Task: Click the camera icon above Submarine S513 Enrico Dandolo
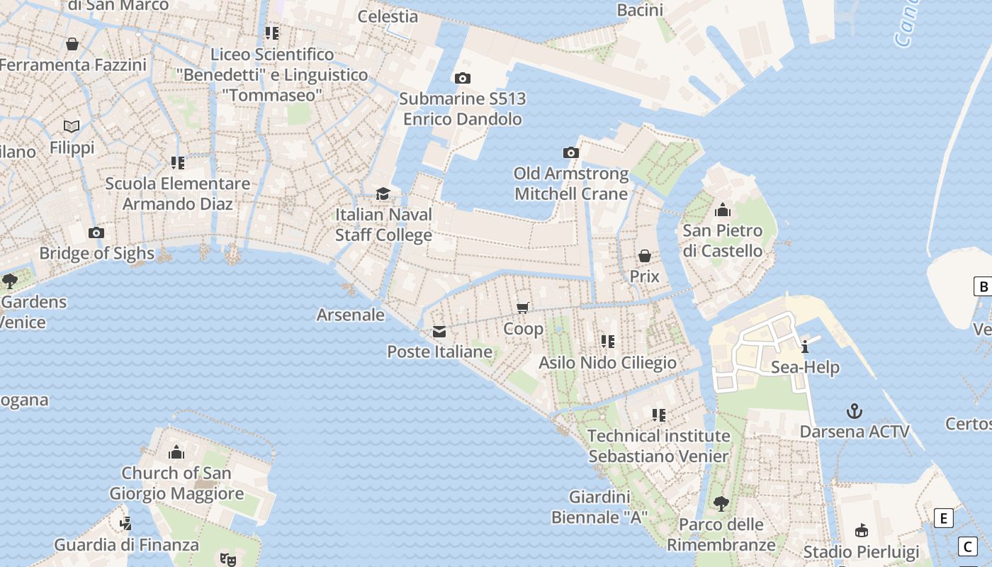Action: click(x=463, y=78)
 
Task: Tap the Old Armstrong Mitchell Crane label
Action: click(x=570, y=184)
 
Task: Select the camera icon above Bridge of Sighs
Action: click(x=96, y=232)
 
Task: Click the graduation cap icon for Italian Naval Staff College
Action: click(x=383, y=193)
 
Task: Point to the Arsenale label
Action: click(x=351, y=315)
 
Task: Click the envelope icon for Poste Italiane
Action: click(x=439, y=331)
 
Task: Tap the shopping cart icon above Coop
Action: click(x=523, y=308)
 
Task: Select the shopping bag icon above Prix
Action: click(x=645, y=255)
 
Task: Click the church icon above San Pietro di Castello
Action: click(x=723, y=210)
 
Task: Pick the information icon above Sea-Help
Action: click(x=805, y=347)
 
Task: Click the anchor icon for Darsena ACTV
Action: click(x=855, y=411)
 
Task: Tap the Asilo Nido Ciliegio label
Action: click(x=607, y=363)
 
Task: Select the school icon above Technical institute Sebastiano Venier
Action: click(x=659, y=415)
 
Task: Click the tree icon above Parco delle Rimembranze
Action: click(x=721, y=504)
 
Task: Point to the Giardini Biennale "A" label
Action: click(x=599, y=507)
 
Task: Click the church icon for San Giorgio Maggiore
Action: click(x=176, y=452)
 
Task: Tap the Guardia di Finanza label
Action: click(x=127, y=545)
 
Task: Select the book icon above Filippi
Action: click(x=72, y=126)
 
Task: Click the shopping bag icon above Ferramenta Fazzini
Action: click(x=72, y=44)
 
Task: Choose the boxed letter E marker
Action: click(x=943, y=518)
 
